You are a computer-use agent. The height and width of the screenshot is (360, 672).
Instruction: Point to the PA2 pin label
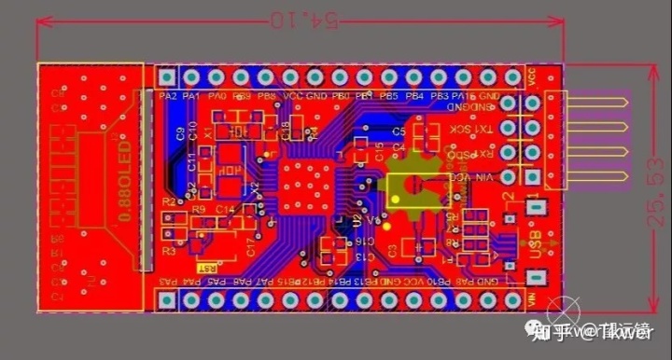point(168,96)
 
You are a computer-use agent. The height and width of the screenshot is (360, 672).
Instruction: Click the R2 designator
point(168,201)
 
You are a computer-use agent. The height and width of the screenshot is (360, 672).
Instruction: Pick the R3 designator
point(168,251)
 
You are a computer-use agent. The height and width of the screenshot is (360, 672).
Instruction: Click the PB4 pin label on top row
point(414,96)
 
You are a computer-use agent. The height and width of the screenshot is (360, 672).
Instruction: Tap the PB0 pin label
point(341,96)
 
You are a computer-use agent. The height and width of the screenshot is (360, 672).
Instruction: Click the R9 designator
point(199,211)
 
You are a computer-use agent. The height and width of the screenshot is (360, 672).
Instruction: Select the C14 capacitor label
point(225,211)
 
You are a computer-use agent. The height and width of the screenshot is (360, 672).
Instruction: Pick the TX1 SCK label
point(471,130)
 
